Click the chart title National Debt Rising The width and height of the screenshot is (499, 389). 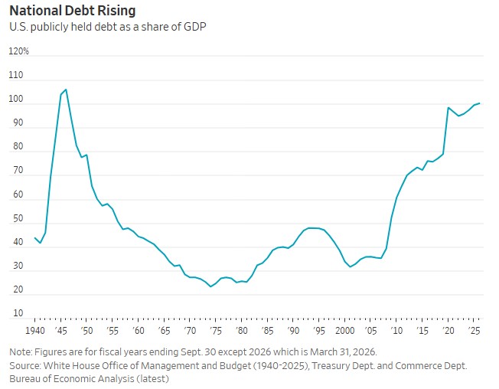pyautogui.click(x=73, y=11)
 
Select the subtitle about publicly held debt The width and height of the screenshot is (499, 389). pyautogui.click(x=108, y=27)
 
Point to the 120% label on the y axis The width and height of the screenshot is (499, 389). pyautogui.click(x=19, y=51)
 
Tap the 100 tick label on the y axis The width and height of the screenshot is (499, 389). pyautogui.click(x=16, y=99)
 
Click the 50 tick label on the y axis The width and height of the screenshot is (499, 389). pyautogui.click(x=18, y=218)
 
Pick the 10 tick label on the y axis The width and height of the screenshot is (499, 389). pyautogui.click(x=18, y=313)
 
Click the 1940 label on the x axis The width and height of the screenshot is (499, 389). pyautogui.click(x=35, y=331)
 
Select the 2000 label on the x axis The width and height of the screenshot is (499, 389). pyautogui.click(x=345, y=331)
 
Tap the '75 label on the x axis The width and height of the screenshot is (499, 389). pyautogui.click(x=216, y=331)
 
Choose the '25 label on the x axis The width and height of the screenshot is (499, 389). pyautogui.click(x=474, y=331)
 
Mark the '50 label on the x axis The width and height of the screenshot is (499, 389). pyautogui.click(x=86, y=331)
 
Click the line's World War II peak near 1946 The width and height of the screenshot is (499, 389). pyautogui.click(x=66, y=90)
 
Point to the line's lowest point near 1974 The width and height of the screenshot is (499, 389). pyautogui.click(x=210, y=286)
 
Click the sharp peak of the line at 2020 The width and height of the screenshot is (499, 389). pyautogui.click(x=448, y=108)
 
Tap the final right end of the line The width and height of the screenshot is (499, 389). pyautogui.click(x=479, y=103)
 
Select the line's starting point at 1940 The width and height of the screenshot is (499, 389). pyautogui.click(x=34, y=238)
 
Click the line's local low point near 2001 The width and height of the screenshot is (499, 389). pyautogui.click(x=350, y=266)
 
